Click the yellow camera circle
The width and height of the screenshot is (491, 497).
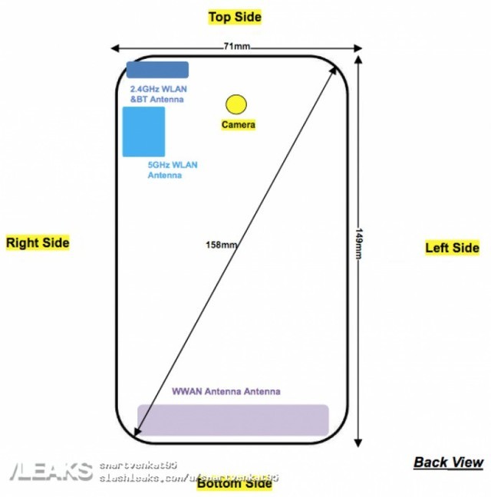[236, 103]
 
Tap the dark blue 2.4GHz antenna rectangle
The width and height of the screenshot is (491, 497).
[157, 70]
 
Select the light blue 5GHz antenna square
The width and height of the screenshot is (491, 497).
[143, 131]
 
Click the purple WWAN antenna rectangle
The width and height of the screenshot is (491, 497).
[232, 420]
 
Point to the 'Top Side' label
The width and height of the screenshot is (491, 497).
[235, 16]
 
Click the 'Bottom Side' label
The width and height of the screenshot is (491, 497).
[234, 483]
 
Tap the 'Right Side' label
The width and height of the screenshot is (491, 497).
[38, 243]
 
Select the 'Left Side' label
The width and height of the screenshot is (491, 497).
[452, 247]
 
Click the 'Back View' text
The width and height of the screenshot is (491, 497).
[449, 462]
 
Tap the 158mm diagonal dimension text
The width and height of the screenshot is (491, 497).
[221, 245]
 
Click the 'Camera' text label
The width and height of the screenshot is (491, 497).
[238, 124]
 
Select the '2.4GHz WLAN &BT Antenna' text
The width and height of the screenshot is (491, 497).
[157, 94]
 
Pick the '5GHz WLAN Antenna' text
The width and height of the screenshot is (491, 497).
[172, 170]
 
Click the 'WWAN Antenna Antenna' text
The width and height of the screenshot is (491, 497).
[226, 391]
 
